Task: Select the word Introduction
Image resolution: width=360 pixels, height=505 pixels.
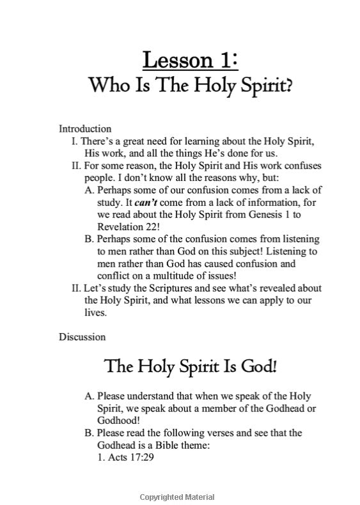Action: point(85,128)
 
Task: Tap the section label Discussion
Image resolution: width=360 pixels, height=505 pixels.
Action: point(82,336)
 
